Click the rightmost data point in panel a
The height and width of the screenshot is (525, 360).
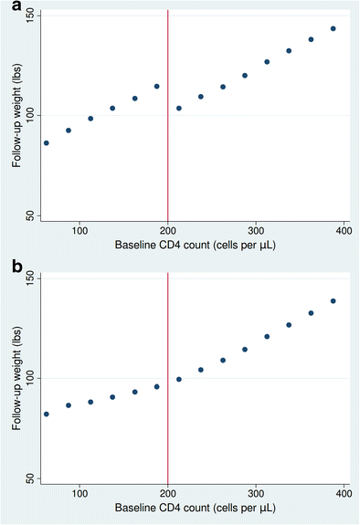point(334,28)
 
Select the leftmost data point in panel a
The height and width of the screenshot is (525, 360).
point(47,142)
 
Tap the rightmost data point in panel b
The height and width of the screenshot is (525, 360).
point(334,301)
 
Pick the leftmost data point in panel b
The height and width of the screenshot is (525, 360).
point(47,414)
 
